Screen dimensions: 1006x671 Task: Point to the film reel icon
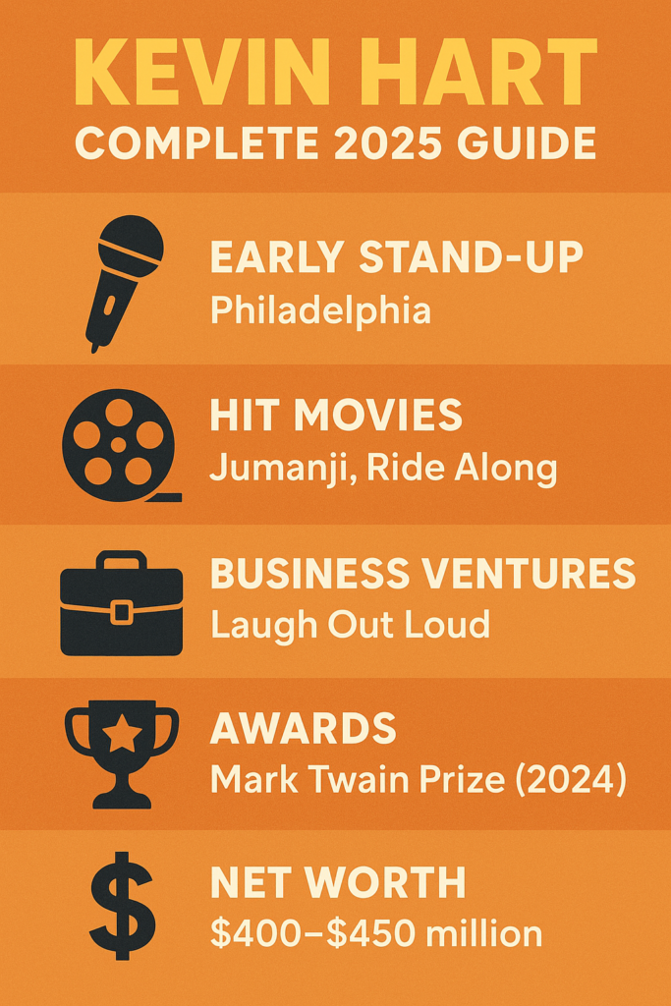pyautogui.click(x=119, y=444)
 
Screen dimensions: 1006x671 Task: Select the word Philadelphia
pyautogui.click(x=320, y=310)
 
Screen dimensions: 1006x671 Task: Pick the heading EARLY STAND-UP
pyautogui.click(x=396, y=258)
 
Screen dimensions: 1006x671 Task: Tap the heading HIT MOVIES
pyautogui.click(x=336, y=416)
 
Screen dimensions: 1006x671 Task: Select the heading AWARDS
pyautogui.click(x=304, y=729)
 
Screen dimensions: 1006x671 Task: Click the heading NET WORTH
pyautogui.click(x=338, y=883)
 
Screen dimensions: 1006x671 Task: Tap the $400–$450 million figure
pyautogui.click(x=376, y=933)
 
